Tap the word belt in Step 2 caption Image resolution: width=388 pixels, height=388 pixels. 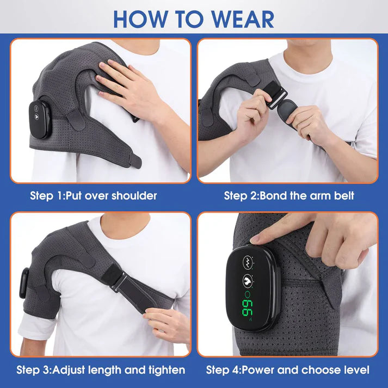click(x=342, y=195)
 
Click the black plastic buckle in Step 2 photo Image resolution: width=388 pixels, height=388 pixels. click(x=275, y=105)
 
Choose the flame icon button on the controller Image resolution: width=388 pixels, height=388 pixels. click(x=248, y=282)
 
